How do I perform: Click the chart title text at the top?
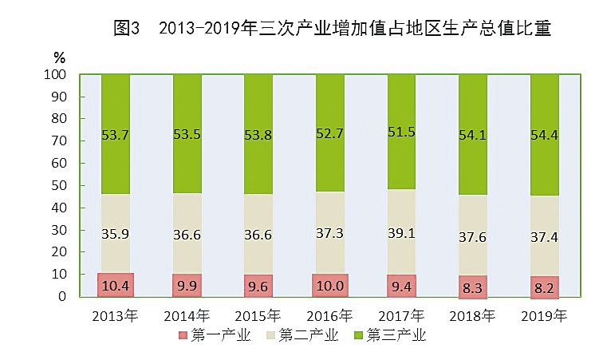click(x=333, y=29)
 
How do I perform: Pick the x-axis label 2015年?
click(x=259, y=316)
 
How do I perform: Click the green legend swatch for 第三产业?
click(x=358, y=335)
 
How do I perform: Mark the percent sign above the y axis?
click(x=60, y=57)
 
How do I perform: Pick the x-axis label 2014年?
click(x=187, y=316)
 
